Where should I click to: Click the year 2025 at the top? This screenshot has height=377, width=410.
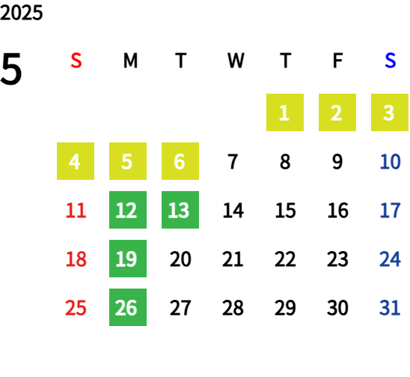coord(21,13)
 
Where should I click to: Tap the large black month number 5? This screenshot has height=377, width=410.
coord(11,69)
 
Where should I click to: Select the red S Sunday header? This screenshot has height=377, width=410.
coord(76,61)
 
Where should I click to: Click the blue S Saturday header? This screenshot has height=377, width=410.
coord(390,61)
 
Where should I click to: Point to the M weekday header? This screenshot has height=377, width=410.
coord(130,61)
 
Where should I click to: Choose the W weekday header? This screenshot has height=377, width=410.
coord(236,61)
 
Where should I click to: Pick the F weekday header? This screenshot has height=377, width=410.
coord(337,61)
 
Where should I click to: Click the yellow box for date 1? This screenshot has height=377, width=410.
coord(285,112)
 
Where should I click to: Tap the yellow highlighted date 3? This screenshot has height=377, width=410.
coord(390,112)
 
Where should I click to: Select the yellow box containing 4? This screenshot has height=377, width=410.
coord(76,161)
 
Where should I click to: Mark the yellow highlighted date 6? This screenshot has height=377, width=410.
coord(180,161)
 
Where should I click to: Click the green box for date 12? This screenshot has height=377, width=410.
coord(128,210)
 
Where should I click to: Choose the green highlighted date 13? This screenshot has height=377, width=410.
coord(180,210)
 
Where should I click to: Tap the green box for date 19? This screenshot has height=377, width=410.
coord(128,259)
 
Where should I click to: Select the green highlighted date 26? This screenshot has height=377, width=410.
coord(128,307)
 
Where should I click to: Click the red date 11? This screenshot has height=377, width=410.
coord(76,210)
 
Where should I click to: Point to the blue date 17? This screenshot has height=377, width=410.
coord(390,210)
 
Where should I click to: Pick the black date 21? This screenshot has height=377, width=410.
coord(233,259)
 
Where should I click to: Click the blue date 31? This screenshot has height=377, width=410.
coord(390,307)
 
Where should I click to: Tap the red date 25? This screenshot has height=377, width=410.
coord(76,307)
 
